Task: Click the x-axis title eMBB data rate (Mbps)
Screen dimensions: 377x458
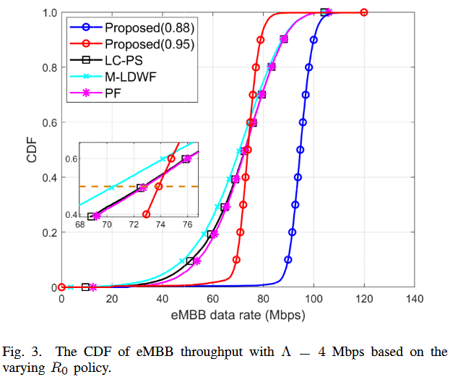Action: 238,315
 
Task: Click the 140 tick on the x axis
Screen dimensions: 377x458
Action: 415,298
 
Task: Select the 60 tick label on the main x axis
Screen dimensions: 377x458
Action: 213,298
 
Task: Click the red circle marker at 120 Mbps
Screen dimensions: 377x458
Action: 364,12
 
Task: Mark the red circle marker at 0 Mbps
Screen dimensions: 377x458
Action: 62,287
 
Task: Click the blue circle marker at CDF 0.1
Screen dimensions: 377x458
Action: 288,260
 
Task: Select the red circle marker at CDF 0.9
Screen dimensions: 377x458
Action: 261,40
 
